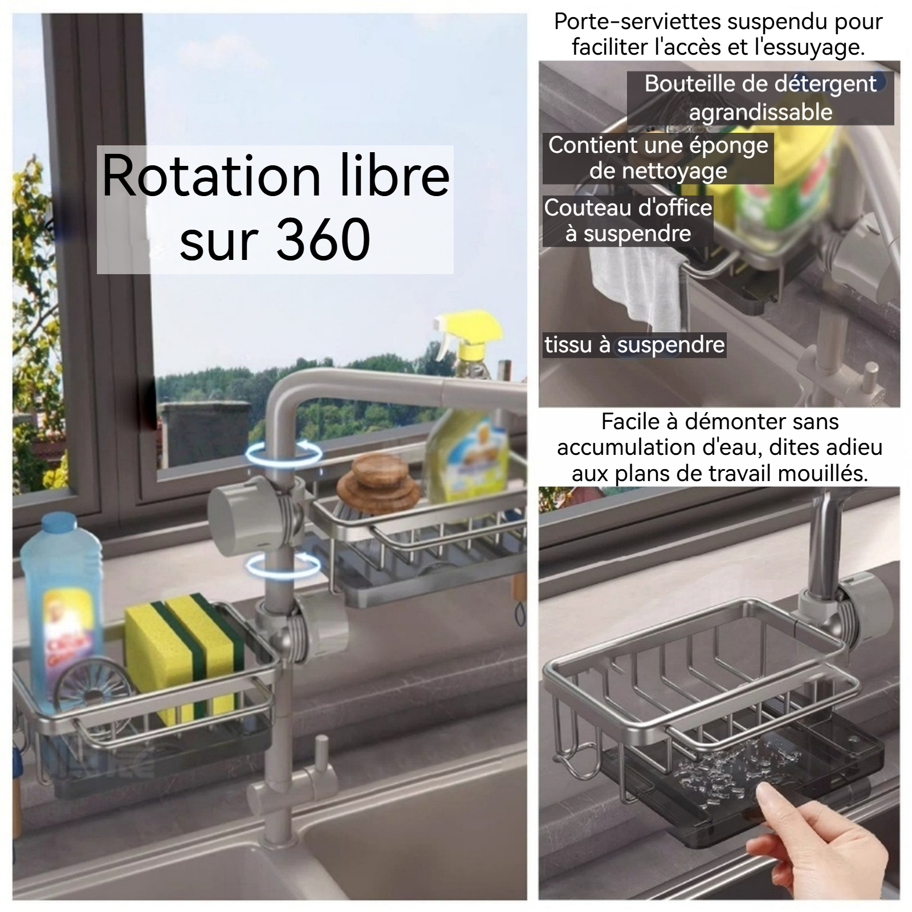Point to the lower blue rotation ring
tap(283, 566)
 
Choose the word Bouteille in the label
tap(690, 84)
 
